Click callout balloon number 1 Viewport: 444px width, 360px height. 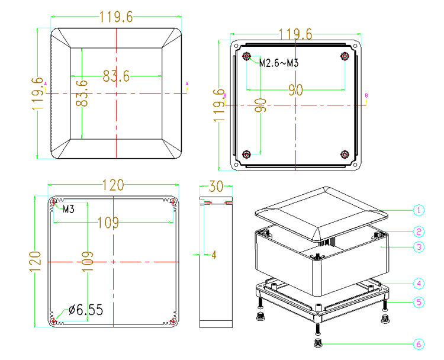click(419, 210)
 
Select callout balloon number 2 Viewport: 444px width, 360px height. click(419, 232)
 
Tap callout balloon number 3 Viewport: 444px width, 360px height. click(419, 247)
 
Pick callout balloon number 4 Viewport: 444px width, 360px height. click(419, 284)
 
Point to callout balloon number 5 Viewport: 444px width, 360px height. click(419, 302)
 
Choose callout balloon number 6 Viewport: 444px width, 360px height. click(419, 344)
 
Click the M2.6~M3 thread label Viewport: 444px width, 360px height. click(279, 63)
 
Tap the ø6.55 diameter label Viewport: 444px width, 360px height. click(86, 310)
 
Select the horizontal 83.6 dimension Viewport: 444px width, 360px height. click(116, 76)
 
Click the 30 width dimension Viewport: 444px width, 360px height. click(216, 186)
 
